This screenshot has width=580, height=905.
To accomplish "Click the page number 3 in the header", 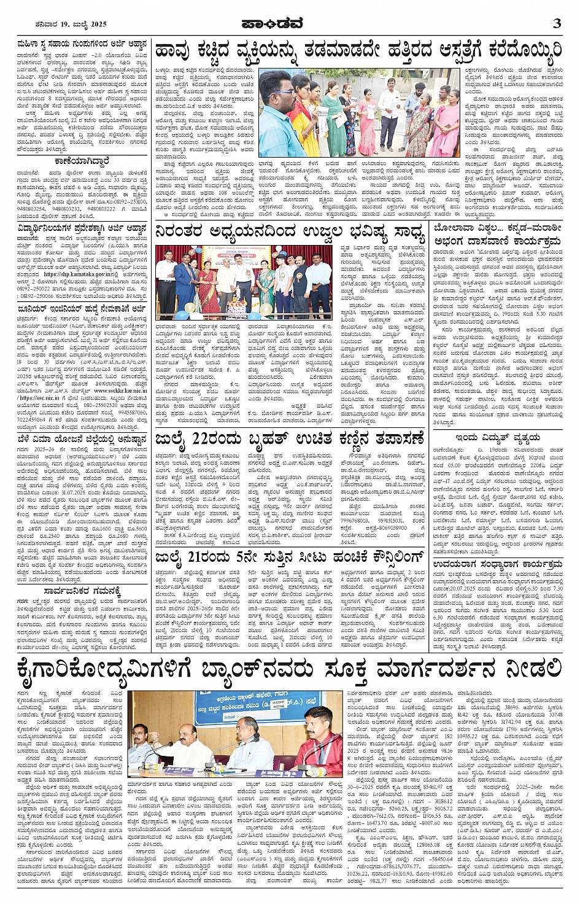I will coord(557,23).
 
